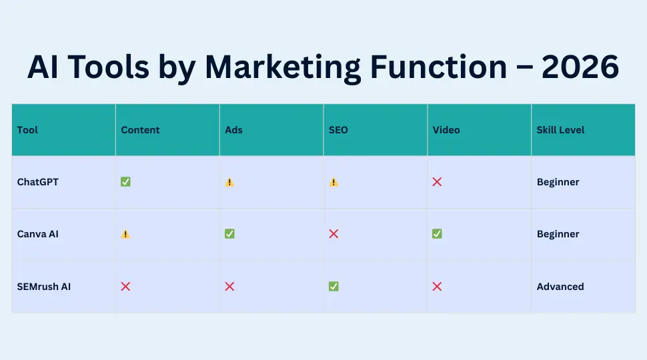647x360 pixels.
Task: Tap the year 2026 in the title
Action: coord(580,67)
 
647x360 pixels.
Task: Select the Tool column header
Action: coord(27,130)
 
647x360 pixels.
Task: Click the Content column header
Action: coord(140,130)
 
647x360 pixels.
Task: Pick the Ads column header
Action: coord(233,130)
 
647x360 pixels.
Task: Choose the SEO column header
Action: coord(338,130)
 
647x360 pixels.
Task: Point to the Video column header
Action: coord(446,130)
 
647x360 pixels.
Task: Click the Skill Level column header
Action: coord(561,130)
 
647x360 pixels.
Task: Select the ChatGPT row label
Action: coord(38,182)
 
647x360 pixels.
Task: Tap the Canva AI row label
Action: coord(38,234)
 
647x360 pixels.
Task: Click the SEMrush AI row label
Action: coord(44,287)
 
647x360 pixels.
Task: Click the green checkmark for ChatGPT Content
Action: coord(125,182)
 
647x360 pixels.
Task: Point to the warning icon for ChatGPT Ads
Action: coord(229,182)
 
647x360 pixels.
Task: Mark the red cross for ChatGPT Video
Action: coord(437,182)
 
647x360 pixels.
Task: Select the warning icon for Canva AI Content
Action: coord(125,234)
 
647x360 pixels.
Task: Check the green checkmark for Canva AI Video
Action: coord(437,234)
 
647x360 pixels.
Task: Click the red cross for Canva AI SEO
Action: coord(334,234)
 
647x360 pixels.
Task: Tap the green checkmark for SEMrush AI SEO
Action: coord(334,287)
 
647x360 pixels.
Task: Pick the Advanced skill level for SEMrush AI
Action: coord(560,287)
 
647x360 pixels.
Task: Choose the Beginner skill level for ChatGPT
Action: coord(558,182)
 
